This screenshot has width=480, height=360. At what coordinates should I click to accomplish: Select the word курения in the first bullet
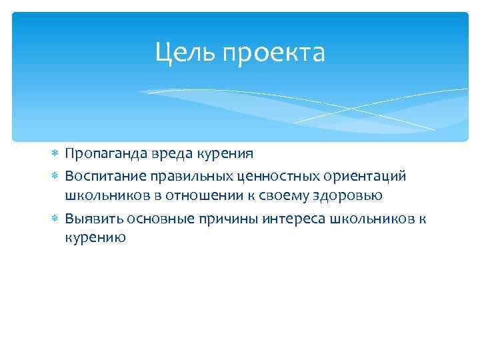click(x=223, y=154)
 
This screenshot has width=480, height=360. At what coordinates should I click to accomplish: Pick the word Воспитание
click(x=103, y=175)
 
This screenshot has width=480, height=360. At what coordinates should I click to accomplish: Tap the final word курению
click(x=95, y=238)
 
